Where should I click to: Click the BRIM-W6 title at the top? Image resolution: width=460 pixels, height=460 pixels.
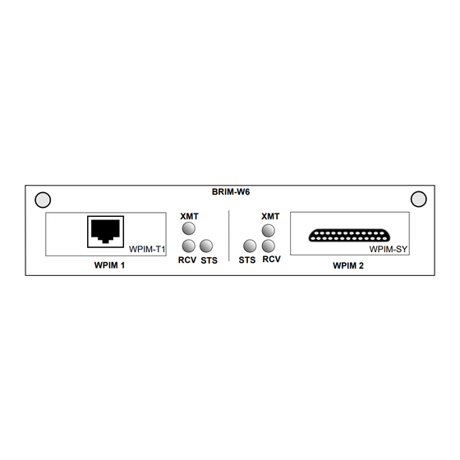point(231,192)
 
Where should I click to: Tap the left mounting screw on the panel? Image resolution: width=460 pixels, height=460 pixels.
point(43,200)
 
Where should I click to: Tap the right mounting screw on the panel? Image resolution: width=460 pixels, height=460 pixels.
point(419,199)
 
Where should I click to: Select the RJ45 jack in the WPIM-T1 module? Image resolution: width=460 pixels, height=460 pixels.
point(105,232)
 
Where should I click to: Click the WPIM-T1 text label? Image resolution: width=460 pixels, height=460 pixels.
point(147,250)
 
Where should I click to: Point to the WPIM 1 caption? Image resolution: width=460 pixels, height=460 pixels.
point(109,265)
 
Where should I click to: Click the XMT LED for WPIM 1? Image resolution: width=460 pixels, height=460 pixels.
point(189,228)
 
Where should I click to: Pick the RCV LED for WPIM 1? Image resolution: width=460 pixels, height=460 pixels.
point(189,246)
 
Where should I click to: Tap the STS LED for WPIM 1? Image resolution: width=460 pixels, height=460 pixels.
point(206,246)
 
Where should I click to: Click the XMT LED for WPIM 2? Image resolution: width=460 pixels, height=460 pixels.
point(268,230)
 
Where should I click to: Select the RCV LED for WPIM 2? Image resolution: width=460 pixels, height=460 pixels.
point(268,246)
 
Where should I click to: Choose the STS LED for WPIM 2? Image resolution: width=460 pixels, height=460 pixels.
point(250,246)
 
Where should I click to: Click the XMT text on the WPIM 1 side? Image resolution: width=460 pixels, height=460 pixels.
point(189,217)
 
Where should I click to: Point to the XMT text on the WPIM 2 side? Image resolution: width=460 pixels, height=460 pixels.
point(270,217)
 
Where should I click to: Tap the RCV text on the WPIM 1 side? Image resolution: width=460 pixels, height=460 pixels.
point(187,260)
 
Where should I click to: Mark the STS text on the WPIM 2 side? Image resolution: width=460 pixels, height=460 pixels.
point(247,260)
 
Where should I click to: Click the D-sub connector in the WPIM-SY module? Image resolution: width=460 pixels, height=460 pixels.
point(349,235)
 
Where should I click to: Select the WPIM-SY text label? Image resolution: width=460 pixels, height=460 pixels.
point(389,250)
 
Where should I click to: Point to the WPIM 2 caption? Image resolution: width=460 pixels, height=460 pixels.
point(348,265)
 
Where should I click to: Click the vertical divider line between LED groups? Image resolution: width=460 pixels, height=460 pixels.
point(229,236)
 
